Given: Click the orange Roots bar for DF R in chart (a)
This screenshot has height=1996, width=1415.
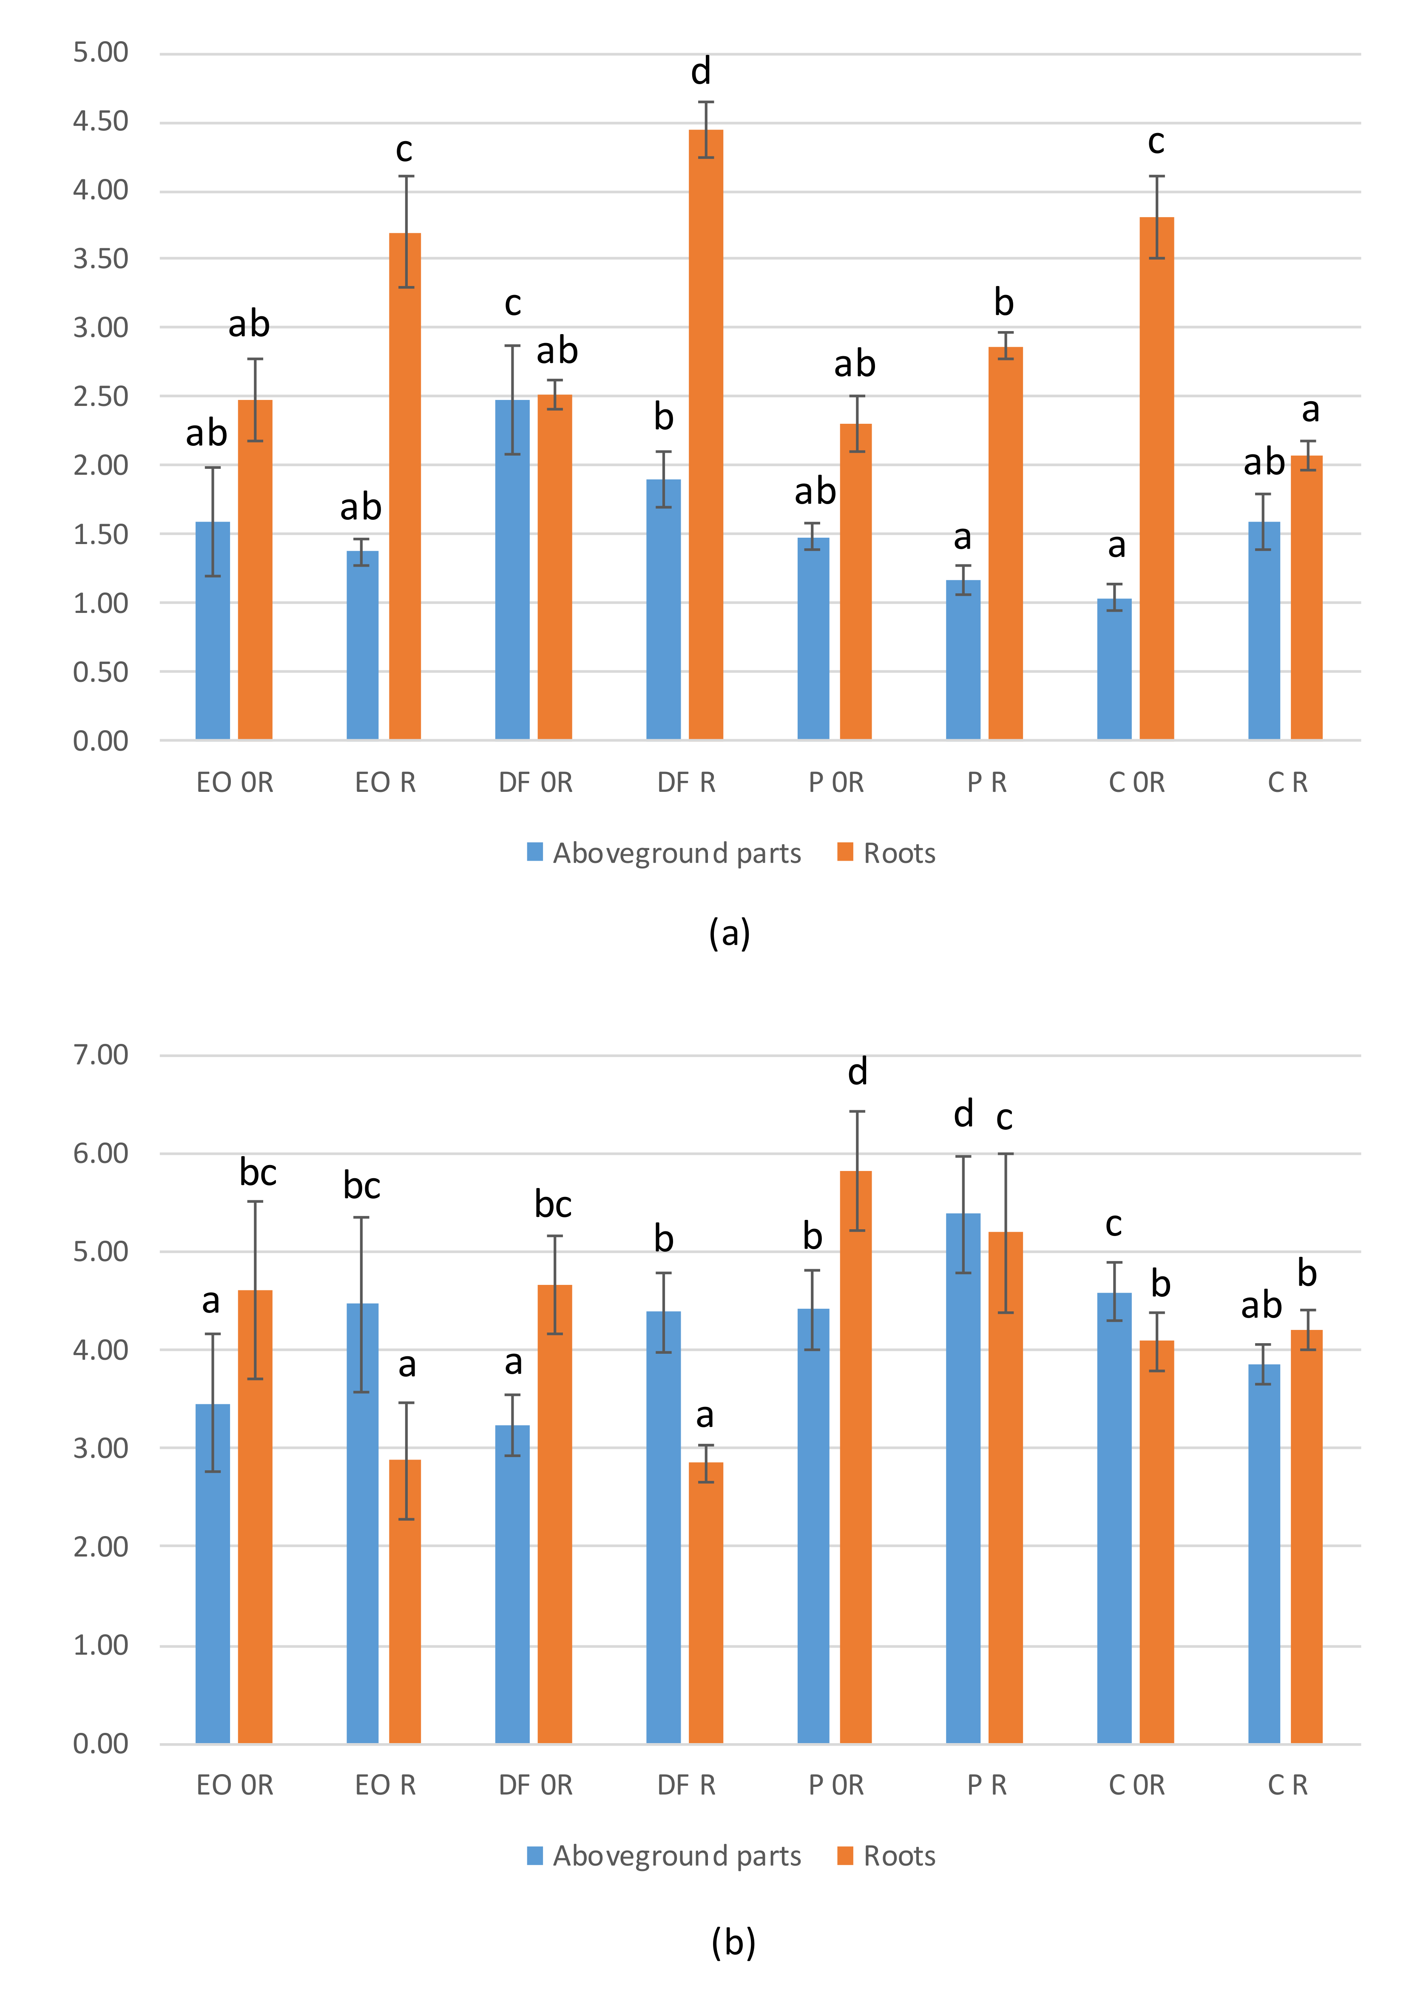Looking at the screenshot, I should pos(706,435).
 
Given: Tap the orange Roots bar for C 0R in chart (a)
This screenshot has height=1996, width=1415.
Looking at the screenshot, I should pos(1156,479).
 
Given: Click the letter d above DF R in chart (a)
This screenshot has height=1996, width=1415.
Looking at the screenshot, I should pos(702,71).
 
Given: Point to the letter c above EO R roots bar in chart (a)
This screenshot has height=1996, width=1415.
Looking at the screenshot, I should pos(404,150).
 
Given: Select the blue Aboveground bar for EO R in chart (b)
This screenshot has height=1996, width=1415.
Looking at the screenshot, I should pos(362,1524).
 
